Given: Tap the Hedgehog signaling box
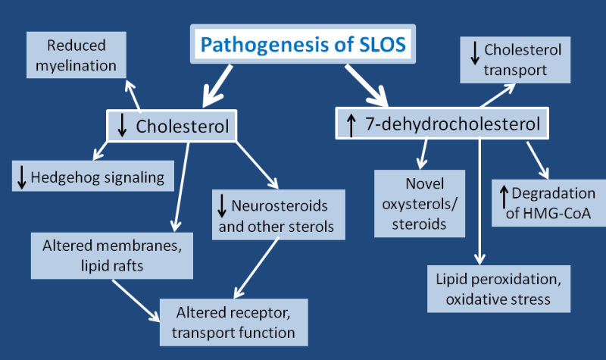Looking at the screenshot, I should [x=93, y=178].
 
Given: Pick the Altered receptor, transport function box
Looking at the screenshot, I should [x=234, y=321].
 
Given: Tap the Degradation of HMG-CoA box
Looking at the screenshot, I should [x=540, y=204].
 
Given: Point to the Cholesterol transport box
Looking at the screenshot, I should [x=516, y=60].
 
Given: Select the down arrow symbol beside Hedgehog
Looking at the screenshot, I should [x=22, y=179].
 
